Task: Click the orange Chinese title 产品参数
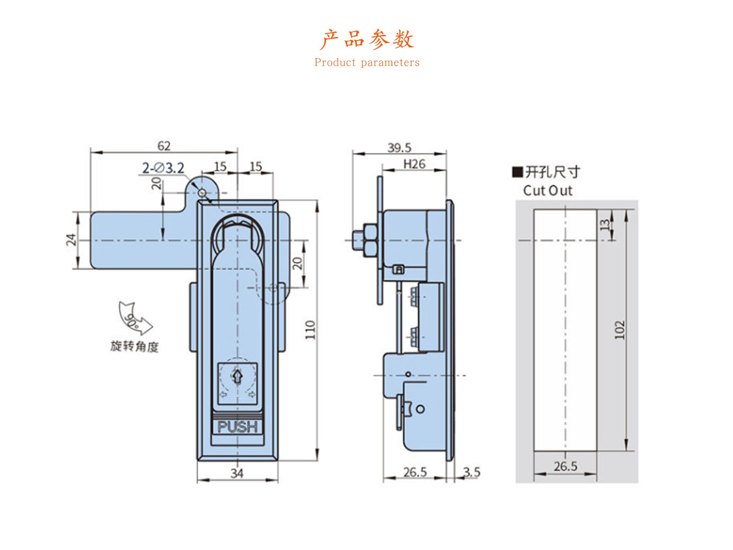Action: [x=366, y=39]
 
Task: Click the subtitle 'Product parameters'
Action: [x=366, y=63]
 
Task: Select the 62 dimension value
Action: [x=164, y=146]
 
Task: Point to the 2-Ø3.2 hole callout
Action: [x=163, y=168]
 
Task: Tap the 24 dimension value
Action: [x=71, y=239]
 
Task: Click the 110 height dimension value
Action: [x=310, y=330]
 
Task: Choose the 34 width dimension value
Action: [x=237, y=474]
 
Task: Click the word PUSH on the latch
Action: [x=237, y=427]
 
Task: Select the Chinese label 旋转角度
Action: [x=134, y=346]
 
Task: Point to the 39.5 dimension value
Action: [x=399, y=148]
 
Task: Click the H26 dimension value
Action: [x=414, y=164]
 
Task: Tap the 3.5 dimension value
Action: [x=472, y=472]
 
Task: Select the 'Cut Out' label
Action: [x=547, y=191]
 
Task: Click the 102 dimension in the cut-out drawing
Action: [x=620, y=330]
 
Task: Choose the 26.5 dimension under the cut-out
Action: [x=565, y=466]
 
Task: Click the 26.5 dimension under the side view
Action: [x=415, y=472]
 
